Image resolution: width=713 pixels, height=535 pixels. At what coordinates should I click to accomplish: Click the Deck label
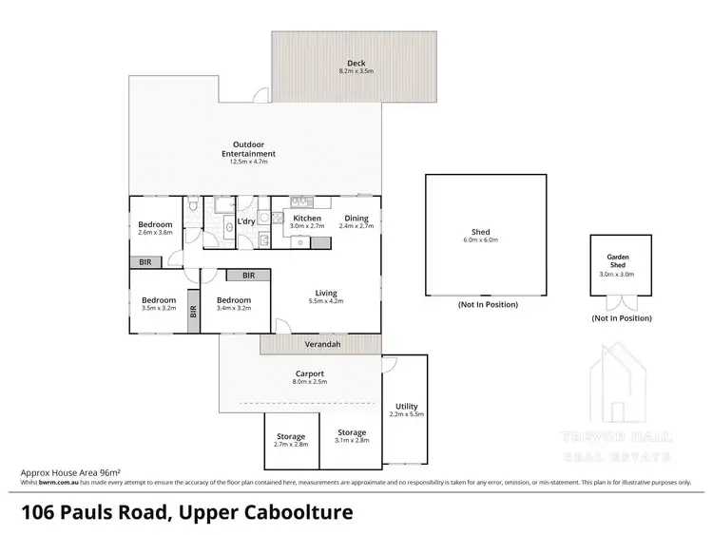356,64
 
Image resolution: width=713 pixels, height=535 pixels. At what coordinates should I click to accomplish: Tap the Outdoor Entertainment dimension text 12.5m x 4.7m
248,162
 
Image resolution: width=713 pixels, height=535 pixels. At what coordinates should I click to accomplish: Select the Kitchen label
306,219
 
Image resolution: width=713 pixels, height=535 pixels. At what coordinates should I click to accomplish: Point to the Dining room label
356,219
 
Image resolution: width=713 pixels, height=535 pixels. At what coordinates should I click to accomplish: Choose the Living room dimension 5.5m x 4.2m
325,301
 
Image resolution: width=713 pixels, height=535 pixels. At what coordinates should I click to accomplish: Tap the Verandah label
321,344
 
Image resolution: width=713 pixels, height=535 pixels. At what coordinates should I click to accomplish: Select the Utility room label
407,406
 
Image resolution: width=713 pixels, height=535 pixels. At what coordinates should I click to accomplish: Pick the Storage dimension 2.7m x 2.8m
291,444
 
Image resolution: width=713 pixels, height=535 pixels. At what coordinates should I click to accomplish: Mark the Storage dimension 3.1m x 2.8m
351,441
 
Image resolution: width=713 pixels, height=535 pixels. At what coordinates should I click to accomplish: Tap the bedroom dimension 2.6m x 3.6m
156,233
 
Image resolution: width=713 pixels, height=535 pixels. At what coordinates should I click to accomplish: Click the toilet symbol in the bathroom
193,205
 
